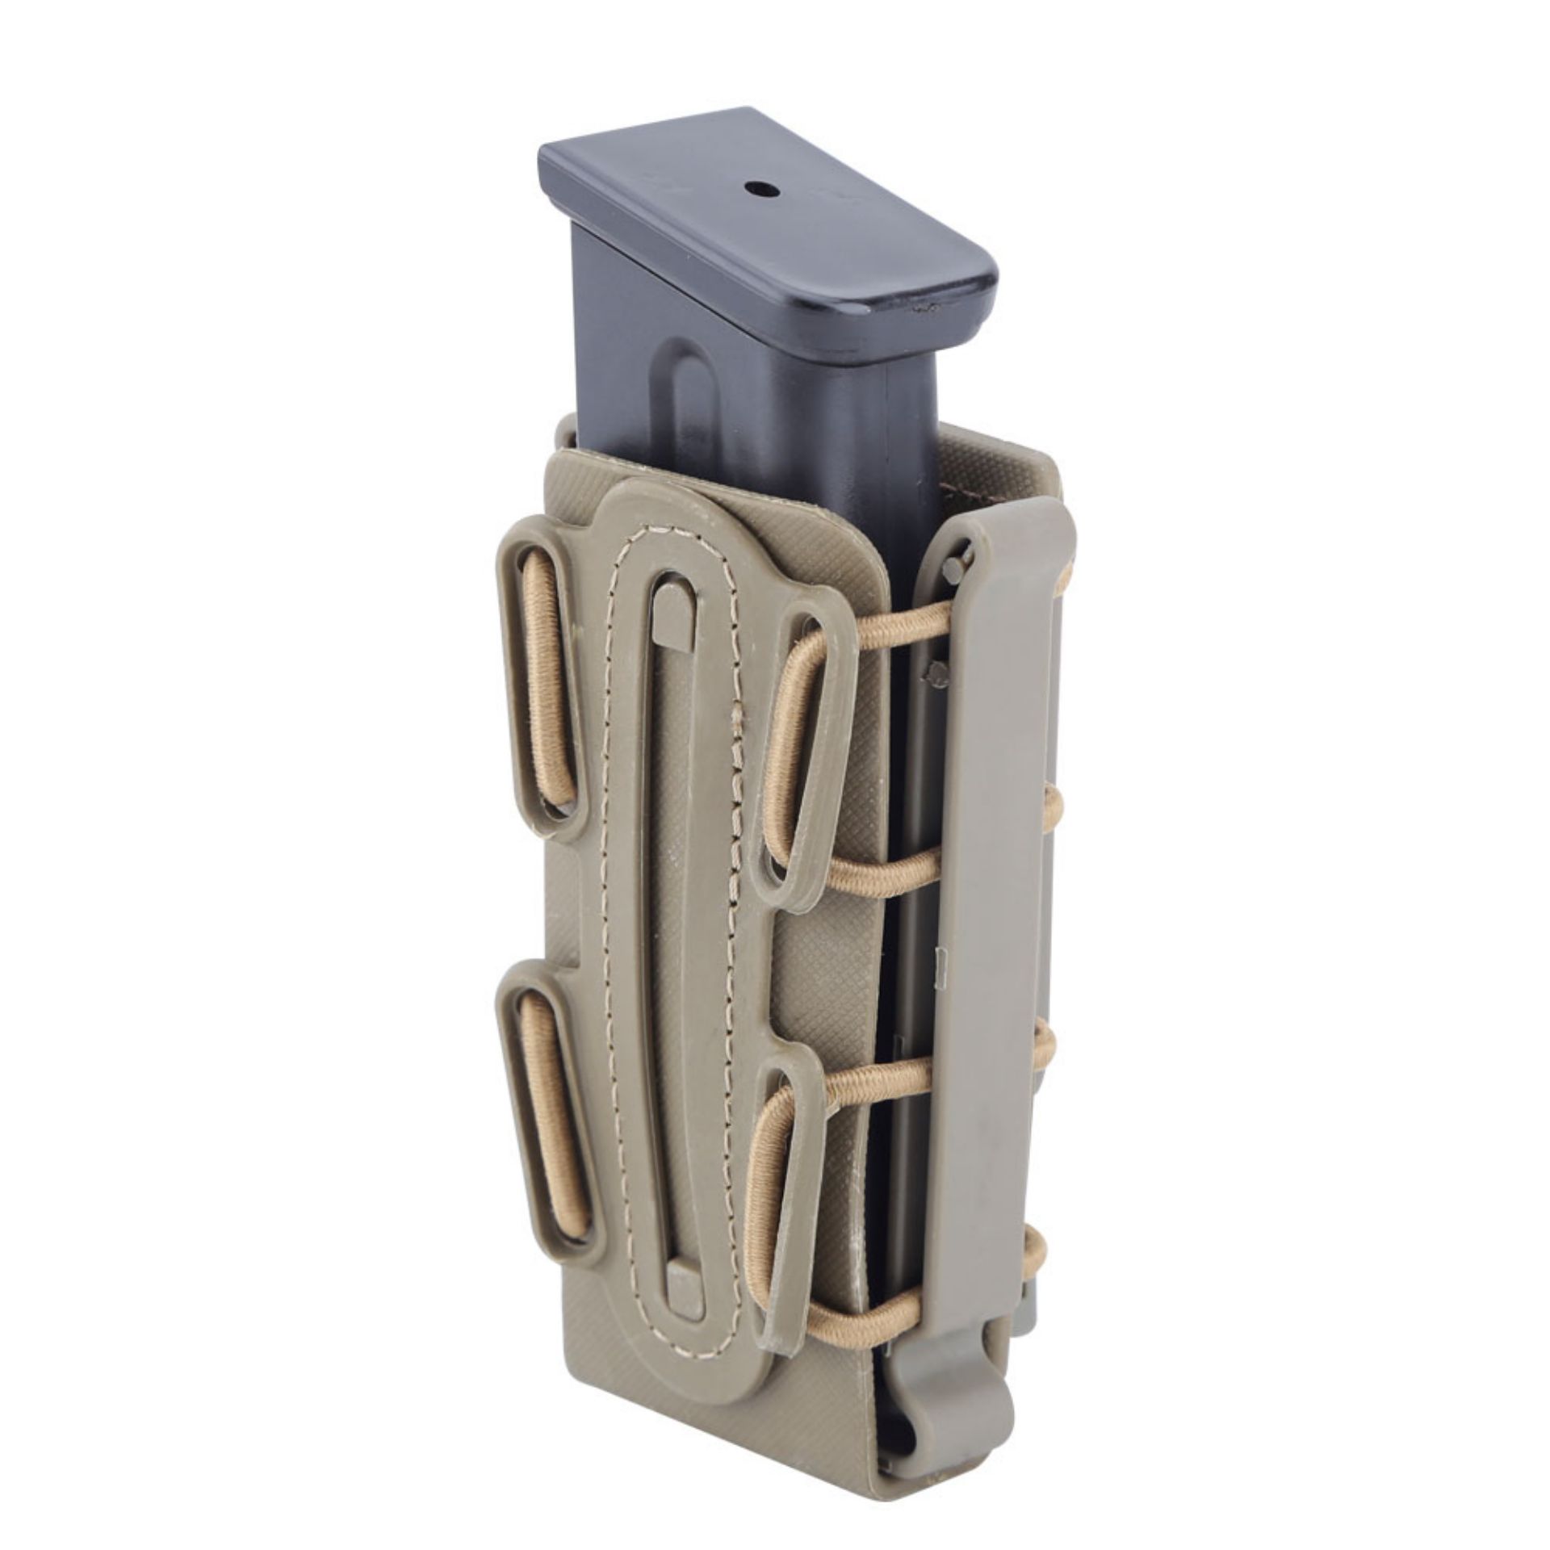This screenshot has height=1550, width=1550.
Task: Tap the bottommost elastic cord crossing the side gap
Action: point(888,1274)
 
